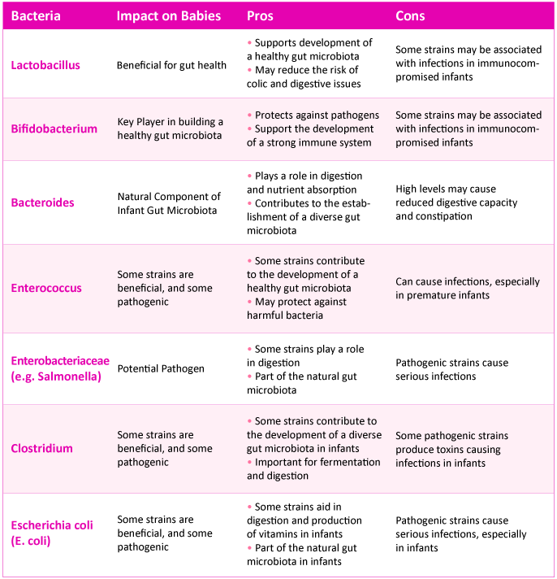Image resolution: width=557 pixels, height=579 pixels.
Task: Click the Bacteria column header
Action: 36,16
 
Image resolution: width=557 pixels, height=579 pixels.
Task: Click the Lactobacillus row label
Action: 45,64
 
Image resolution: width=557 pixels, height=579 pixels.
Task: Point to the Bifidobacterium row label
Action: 54,128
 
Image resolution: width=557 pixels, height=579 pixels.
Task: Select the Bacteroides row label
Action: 42,203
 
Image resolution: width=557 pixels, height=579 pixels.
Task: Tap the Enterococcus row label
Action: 46,288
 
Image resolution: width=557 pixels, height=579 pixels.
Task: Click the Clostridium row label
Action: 41,448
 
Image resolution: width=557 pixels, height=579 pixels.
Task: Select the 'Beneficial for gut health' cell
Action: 171,65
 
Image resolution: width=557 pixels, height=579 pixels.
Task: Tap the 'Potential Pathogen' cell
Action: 161,368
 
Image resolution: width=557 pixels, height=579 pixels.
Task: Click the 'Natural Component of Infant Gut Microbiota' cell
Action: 169,203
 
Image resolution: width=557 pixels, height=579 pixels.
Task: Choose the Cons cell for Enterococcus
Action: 467,288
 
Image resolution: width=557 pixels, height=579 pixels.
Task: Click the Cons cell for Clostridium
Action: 448,449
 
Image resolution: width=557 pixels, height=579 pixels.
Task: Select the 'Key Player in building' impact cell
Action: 171,128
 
